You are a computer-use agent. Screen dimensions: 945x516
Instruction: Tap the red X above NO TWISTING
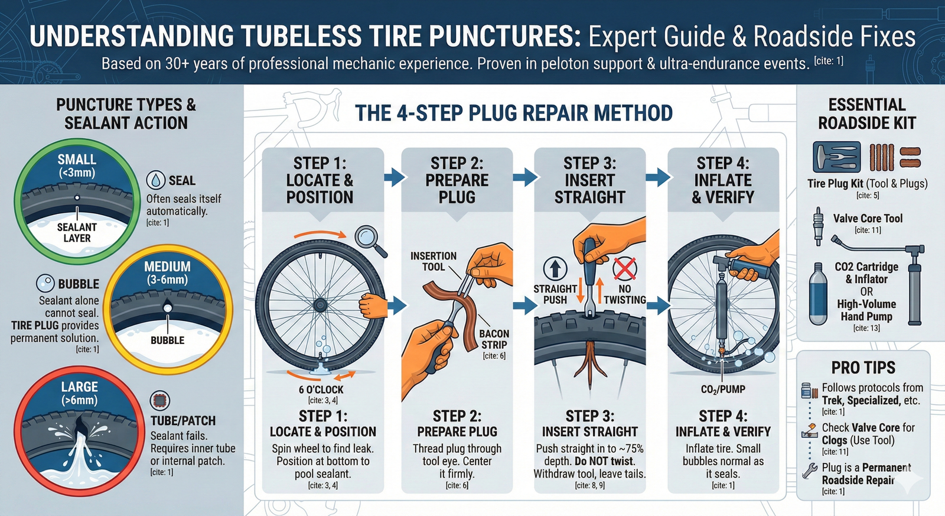point(625,269)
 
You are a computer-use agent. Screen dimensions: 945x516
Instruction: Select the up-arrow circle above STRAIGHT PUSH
point(555,268)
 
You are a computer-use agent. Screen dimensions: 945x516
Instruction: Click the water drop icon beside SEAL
point(156,180)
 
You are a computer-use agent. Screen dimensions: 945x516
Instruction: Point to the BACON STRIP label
point(494,339)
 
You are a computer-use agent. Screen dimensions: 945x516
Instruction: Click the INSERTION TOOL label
point(434,261)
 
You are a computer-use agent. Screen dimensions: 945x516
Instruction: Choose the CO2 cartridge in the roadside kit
point(818,294)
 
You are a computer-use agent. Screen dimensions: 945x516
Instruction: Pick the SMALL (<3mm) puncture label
point(77,165)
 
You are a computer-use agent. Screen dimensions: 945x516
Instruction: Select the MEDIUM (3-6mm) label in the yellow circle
point(168,273)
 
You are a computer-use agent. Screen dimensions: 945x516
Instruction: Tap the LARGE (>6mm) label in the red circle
point(79,393)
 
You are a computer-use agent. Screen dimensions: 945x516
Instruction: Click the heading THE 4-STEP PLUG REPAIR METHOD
point(514,113)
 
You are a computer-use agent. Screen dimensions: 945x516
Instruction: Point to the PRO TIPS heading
point(863,368)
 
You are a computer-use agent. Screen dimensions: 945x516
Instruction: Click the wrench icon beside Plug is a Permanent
point(809,470)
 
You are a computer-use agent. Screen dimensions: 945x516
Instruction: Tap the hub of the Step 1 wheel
point(320,305)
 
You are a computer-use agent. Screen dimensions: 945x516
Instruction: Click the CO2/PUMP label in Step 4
point(723,390)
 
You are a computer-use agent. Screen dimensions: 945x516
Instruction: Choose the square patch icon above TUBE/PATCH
point(160,400)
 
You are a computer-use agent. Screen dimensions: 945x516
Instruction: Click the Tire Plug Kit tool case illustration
point(836,157)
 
